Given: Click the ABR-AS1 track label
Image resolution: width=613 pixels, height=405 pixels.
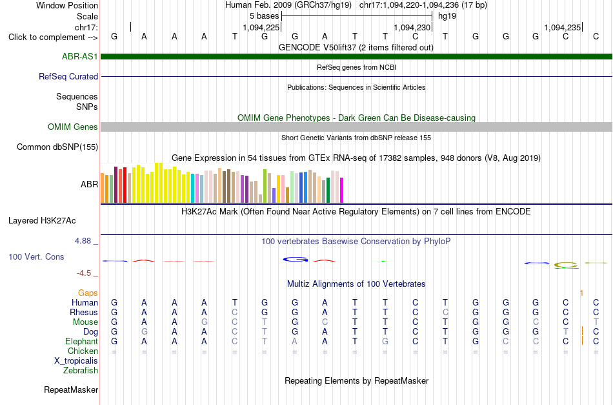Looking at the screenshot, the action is pos(80,56).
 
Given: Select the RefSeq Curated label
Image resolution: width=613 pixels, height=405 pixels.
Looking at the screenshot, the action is pos(68,76).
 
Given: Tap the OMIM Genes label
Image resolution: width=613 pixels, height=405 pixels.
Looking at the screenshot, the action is pos(73,127).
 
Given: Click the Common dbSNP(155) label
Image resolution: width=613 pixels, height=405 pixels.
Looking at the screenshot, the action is pos(57,147).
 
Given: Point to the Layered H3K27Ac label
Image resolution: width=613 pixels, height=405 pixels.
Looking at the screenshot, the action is pos(42,221).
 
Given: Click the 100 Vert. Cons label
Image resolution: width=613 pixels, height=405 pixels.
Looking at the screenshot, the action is pos(36,256).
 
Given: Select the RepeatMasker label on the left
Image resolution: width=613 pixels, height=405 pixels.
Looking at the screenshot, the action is pos(71,389).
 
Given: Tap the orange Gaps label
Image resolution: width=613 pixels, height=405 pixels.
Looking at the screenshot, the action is pos(88,293).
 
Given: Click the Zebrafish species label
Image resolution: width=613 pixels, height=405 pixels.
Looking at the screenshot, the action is pos(81,370).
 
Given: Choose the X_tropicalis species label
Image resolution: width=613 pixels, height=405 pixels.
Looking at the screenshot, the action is pos(76,361).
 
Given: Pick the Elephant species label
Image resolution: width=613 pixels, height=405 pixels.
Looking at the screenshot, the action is pos(81,341).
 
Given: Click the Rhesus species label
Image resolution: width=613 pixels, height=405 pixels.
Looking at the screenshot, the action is pos(84,312).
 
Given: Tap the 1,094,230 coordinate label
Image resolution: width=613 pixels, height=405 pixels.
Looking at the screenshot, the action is pos(412,27).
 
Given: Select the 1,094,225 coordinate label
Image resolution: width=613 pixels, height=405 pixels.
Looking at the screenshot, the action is pos(261,27).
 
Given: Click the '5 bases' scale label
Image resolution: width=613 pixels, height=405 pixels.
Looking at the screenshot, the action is pos(265,16).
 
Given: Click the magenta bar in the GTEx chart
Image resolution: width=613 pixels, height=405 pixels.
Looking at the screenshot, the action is pos(342,190).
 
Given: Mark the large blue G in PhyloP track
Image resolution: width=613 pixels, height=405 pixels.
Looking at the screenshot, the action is pos(296,259).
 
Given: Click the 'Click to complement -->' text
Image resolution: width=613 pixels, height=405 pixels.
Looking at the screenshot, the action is pos(53,37).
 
